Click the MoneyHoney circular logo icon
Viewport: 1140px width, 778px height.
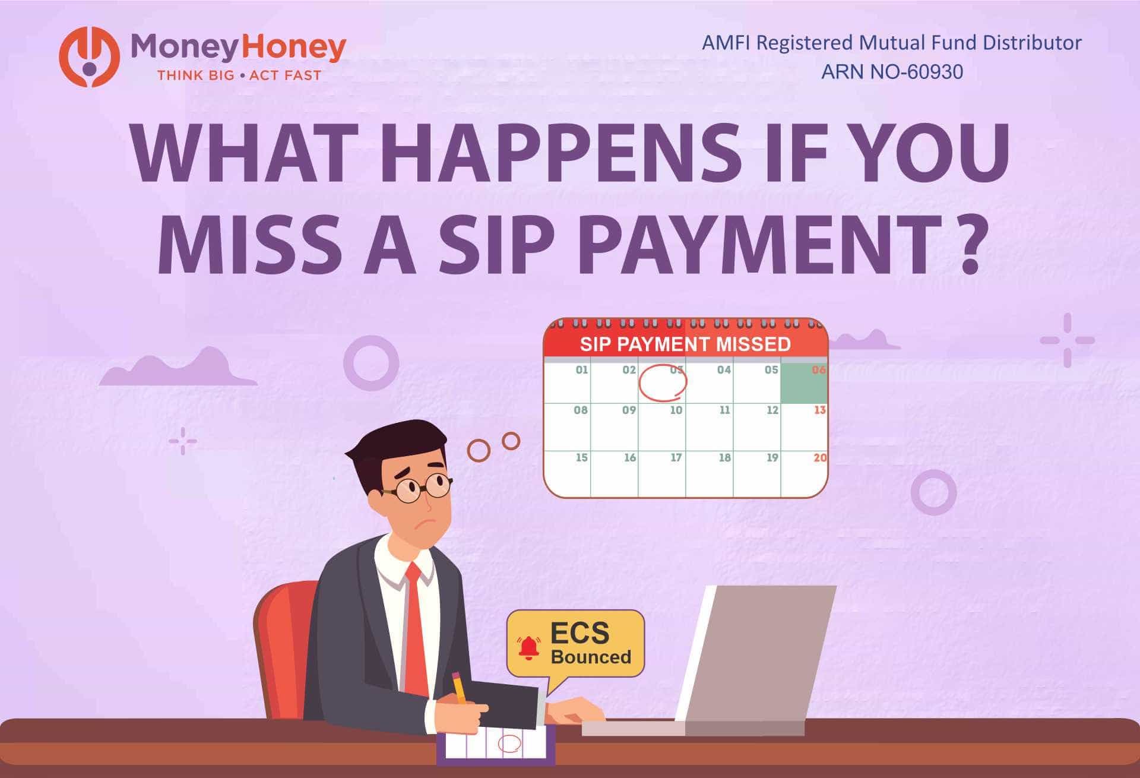[90, 57]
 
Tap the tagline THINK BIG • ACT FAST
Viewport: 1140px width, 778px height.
[239, 75]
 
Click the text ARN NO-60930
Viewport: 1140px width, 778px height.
[891, 72]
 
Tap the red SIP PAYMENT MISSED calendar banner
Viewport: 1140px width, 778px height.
[685, 344]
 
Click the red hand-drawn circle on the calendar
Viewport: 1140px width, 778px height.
[663, 382]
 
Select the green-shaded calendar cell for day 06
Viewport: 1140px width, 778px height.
[804, 384]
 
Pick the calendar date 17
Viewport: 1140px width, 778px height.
[676, 458]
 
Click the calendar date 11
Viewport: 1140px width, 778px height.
[724, 410]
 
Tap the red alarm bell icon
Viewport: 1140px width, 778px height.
[528, 648]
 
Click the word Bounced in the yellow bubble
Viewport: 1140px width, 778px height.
[591, 657]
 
